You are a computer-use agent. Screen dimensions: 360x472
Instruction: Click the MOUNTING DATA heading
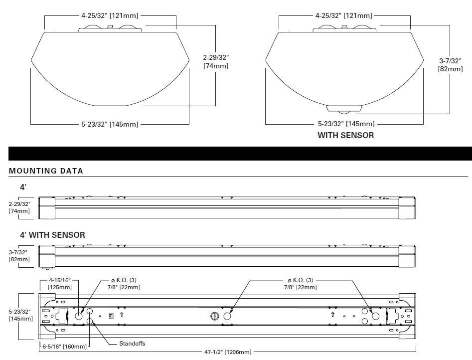46,171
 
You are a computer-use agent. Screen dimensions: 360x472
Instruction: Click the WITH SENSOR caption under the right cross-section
345,135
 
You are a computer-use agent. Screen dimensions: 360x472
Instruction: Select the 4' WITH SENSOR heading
52,234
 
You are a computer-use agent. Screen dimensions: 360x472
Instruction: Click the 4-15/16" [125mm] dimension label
60,284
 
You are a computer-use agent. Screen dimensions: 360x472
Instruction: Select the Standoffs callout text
133,344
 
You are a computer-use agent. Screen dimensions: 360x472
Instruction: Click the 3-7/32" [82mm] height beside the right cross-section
450,65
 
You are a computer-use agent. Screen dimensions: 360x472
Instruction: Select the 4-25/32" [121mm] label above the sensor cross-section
343,15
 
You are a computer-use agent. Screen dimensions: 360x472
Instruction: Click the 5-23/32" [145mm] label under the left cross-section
110,124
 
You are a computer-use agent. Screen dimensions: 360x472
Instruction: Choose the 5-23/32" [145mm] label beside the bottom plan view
19,315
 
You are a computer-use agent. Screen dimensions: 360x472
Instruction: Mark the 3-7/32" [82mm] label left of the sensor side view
19,256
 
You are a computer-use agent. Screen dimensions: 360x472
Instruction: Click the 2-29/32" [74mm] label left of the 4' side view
19,207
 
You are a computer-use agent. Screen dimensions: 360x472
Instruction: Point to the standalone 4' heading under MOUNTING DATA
23,187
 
